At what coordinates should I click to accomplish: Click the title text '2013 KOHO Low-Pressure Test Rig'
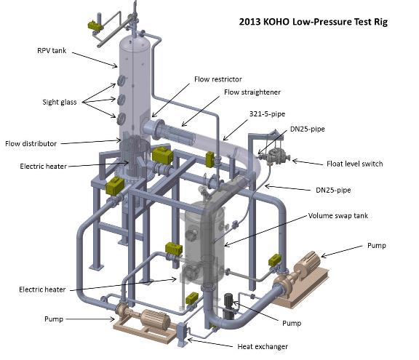(x=313, y=22)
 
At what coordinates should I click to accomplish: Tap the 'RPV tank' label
(x=52, y=50)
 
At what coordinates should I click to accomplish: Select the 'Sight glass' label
(x=60, y=102)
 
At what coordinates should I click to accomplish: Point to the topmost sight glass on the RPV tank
(x=121, y=80)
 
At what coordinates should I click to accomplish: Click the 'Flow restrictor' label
(x=218, y=79)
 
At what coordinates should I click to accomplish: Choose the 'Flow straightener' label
(x=252, y=92)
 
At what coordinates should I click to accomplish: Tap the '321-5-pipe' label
(x=267, y=114)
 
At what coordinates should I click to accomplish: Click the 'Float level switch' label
(x=354, y=164)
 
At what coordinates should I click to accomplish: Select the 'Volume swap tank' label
(x=338, y=216)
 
